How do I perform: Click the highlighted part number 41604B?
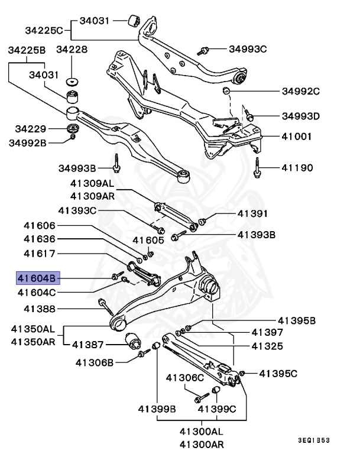pyautogui.click(x=37, y=277)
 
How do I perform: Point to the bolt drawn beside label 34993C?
pyautogui.click(x=205, y=50)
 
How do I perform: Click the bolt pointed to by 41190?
pyautogui.click(x=258, y=166)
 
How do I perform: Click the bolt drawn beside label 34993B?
pyautogui.click(x=117, y=163)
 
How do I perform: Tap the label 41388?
pyautogui.click(x=40, y=309)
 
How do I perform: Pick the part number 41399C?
pyautogui.click(x=216, y=408)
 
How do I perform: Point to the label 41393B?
pyautogui.click(x=257, y=235)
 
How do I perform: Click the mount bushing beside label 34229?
pyautogui.click(x=74, y=128)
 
